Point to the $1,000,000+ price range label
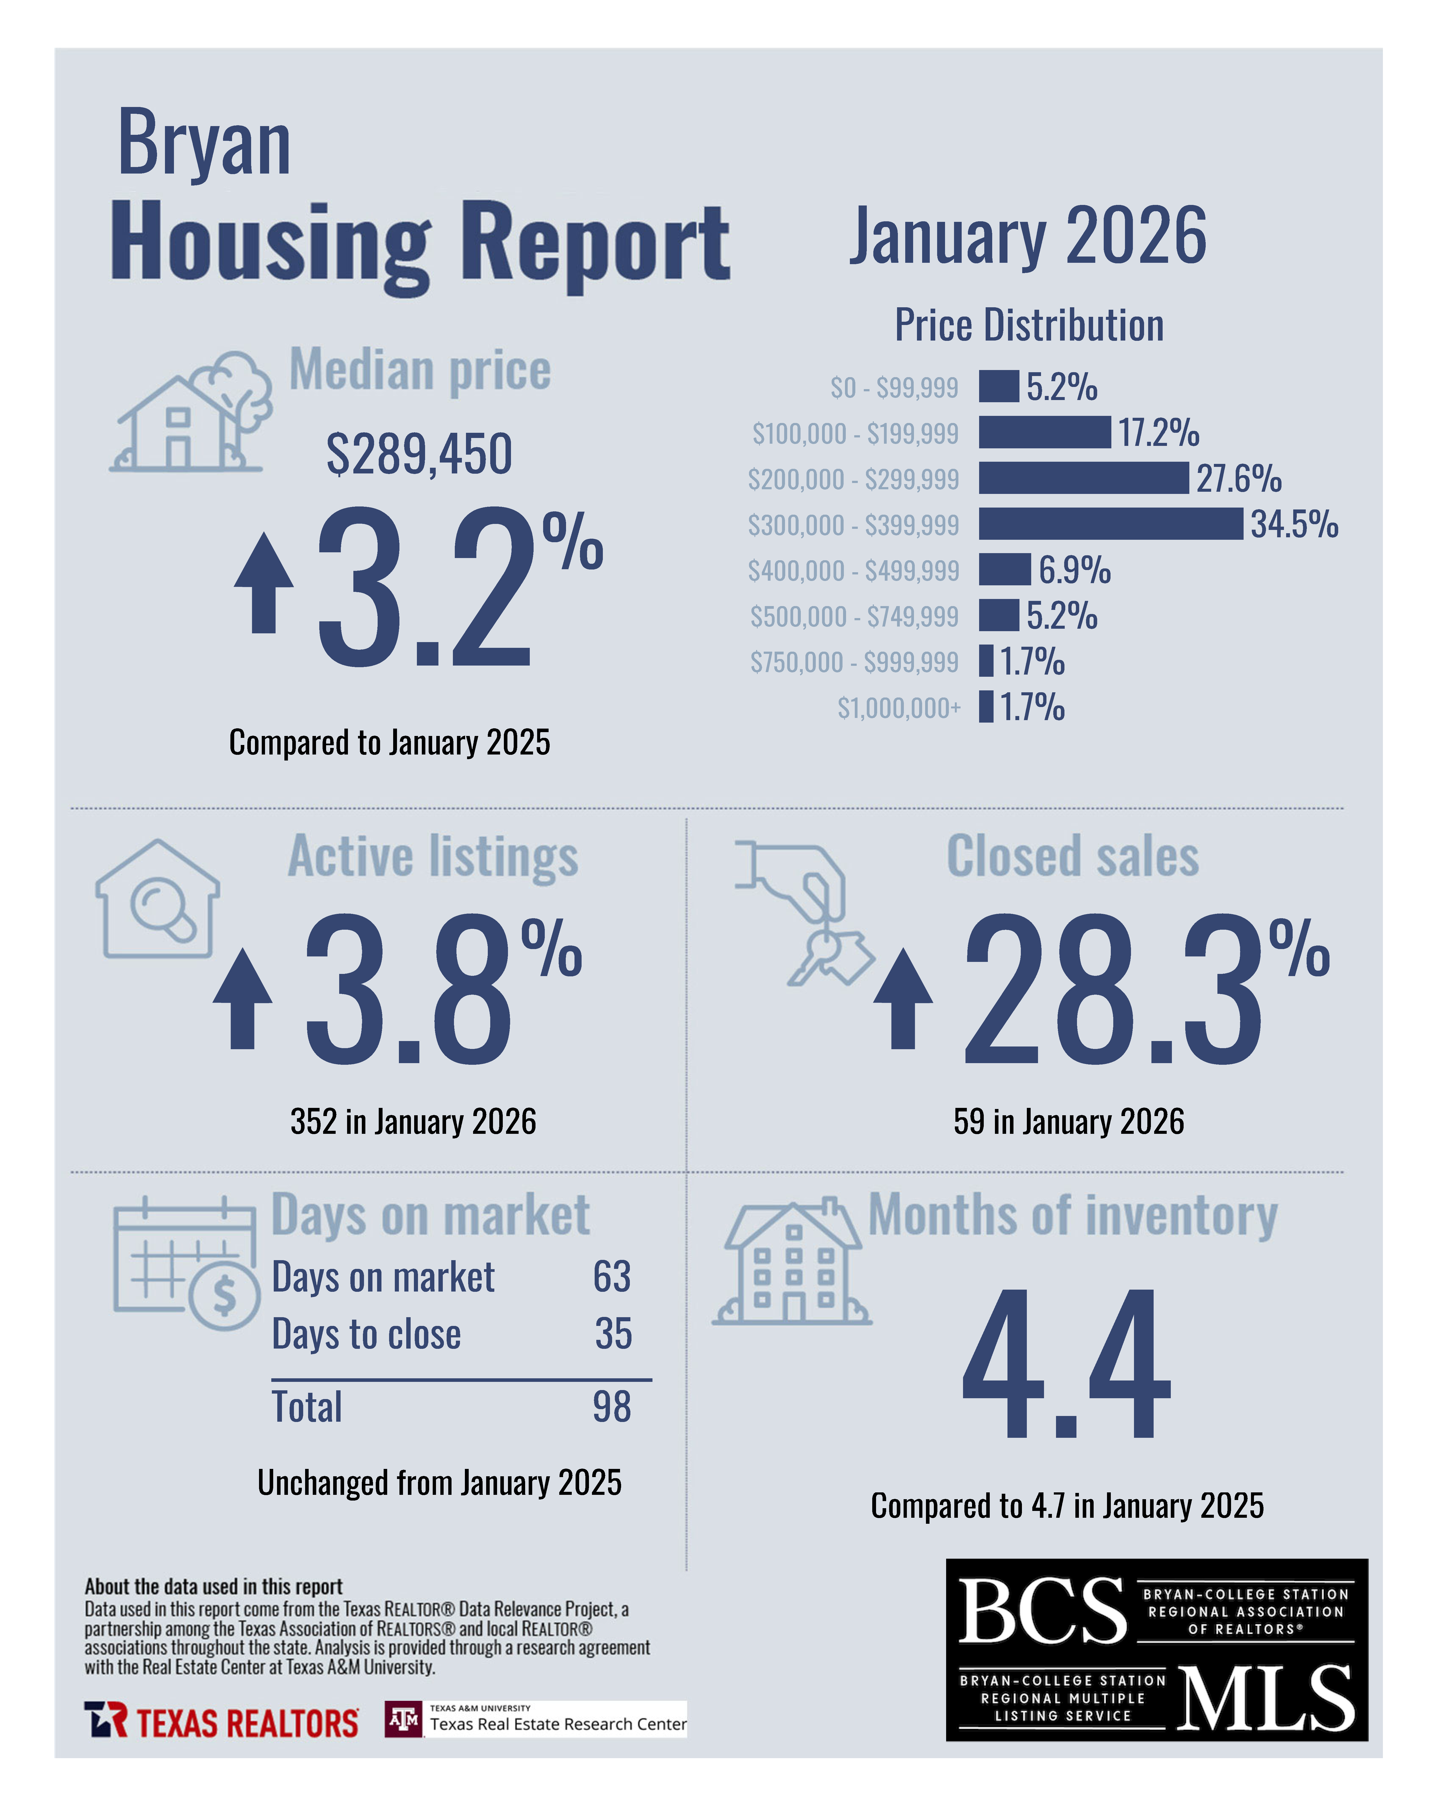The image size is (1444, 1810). [899, 708]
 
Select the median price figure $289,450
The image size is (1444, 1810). [419, 454]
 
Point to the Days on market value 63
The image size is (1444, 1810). [612, 1277]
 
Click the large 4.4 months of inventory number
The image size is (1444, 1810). [1066, 1364]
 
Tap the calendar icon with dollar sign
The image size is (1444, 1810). [186, 1263]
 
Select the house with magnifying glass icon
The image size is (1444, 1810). [158, 900]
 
